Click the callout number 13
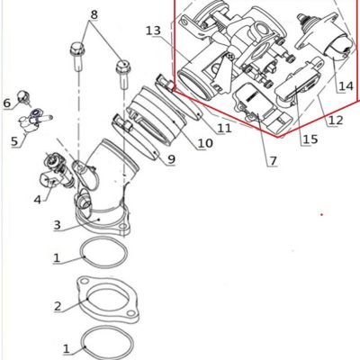153,31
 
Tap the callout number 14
346,86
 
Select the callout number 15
310,139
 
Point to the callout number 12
336,121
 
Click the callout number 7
273,161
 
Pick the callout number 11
225,129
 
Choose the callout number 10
205,143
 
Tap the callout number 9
171,159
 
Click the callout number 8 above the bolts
94,14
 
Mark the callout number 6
7,103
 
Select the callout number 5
14,141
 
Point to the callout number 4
37,200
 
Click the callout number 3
58,225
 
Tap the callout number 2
58,307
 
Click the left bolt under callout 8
77,57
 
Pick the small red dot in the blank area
321,214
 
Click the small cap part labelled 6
22,96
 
